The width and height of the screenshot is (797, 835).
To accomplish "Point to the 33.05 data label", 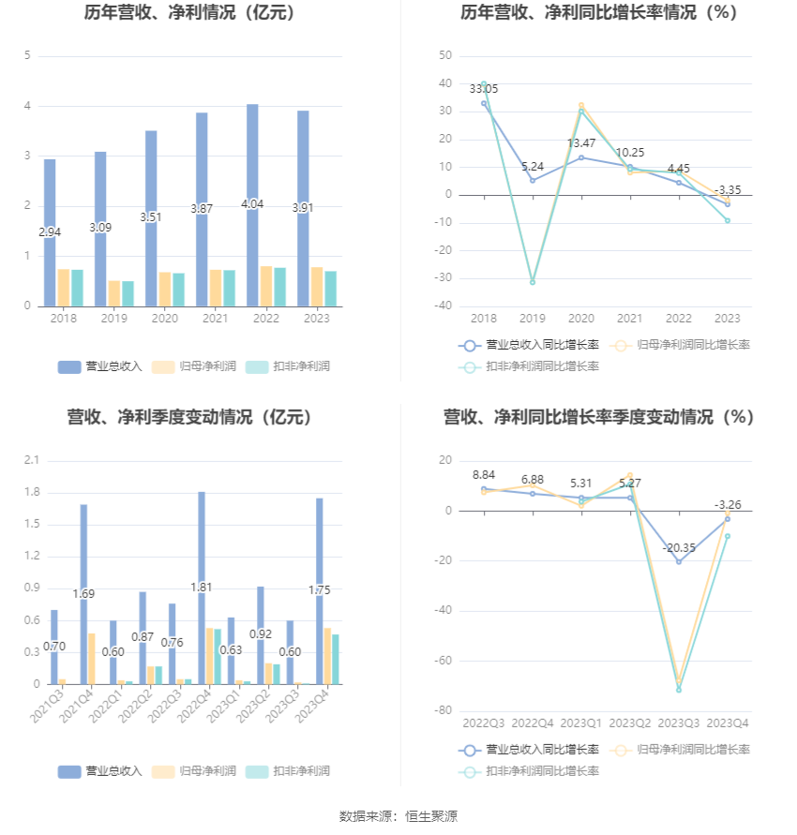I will [x=484, y=89].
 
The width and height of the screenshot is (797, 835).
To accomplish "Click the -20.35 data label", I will [x=679, y=548].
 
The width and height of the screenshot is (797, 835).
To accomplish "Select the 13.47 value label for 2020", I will [x=581, y=143].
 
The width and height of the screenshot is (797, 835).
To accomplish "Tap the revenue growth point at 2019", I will [x=533, y=180].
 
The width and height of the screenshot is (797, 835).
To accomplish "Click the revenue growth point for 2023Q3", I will [x=679, y=561].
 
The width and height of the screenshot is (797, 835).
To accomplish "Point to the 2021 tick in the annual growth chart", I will [x=630, y=319].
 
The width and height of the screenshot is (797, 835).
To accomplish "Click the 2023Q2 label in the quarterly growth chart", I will [x=630, y=723].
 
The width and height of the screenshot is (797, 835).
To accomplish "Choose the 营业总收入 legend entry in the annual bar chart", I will [x=100, y=366].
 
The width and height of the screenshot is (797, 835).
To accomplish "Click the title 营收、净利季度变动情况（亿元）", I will [x=189, y=417].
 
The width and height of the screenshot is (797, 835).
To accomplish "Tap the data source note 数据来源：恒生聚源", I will [x=398, y=816].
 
